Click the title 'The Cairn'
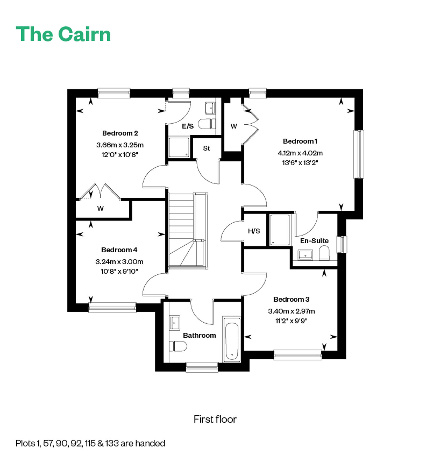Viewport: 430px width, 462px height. click(63, 34)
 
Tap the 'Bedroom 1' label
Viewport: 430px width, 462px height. click(300, 141)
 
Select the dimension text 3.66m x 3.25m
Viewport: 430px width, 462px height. click(120, 145)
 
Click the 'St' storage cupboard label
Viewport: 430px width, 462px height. click(207, 148)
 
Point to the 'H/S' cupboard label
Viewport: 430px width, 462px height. click(254, 231)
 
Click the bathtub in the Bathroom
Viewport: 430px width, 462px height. click(232, 339)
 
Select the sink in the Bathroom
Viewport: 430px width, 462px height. click(174, 323)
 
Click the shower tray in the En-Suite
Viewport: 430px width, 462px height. click(280, 230)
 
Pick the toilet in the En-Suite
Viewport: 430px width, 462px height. click(324, 253)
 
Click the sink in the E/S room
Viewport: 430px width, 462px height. click(210, 108)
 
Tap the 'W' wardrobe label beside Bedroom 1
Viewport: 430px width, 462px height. click(234, 126)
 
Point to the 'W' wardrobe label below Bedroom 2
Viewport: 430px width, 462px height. click(100, 208)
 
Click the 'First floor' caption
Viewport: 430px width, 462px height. click(215, 419)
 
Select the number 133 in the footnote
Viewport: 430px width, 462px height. click(112, 443)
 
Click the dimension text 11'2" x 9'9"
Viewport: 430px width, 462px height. click(291, 321)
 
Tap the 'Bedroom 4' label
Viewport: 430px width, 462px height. click(119, 250)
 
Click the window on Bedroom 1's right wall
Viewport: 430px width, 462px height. click(359, 154)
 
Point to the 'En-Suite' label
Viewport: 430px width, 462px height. click(314, 241)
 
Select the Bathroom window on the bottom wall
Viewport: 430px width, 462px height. click(202, 367)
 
